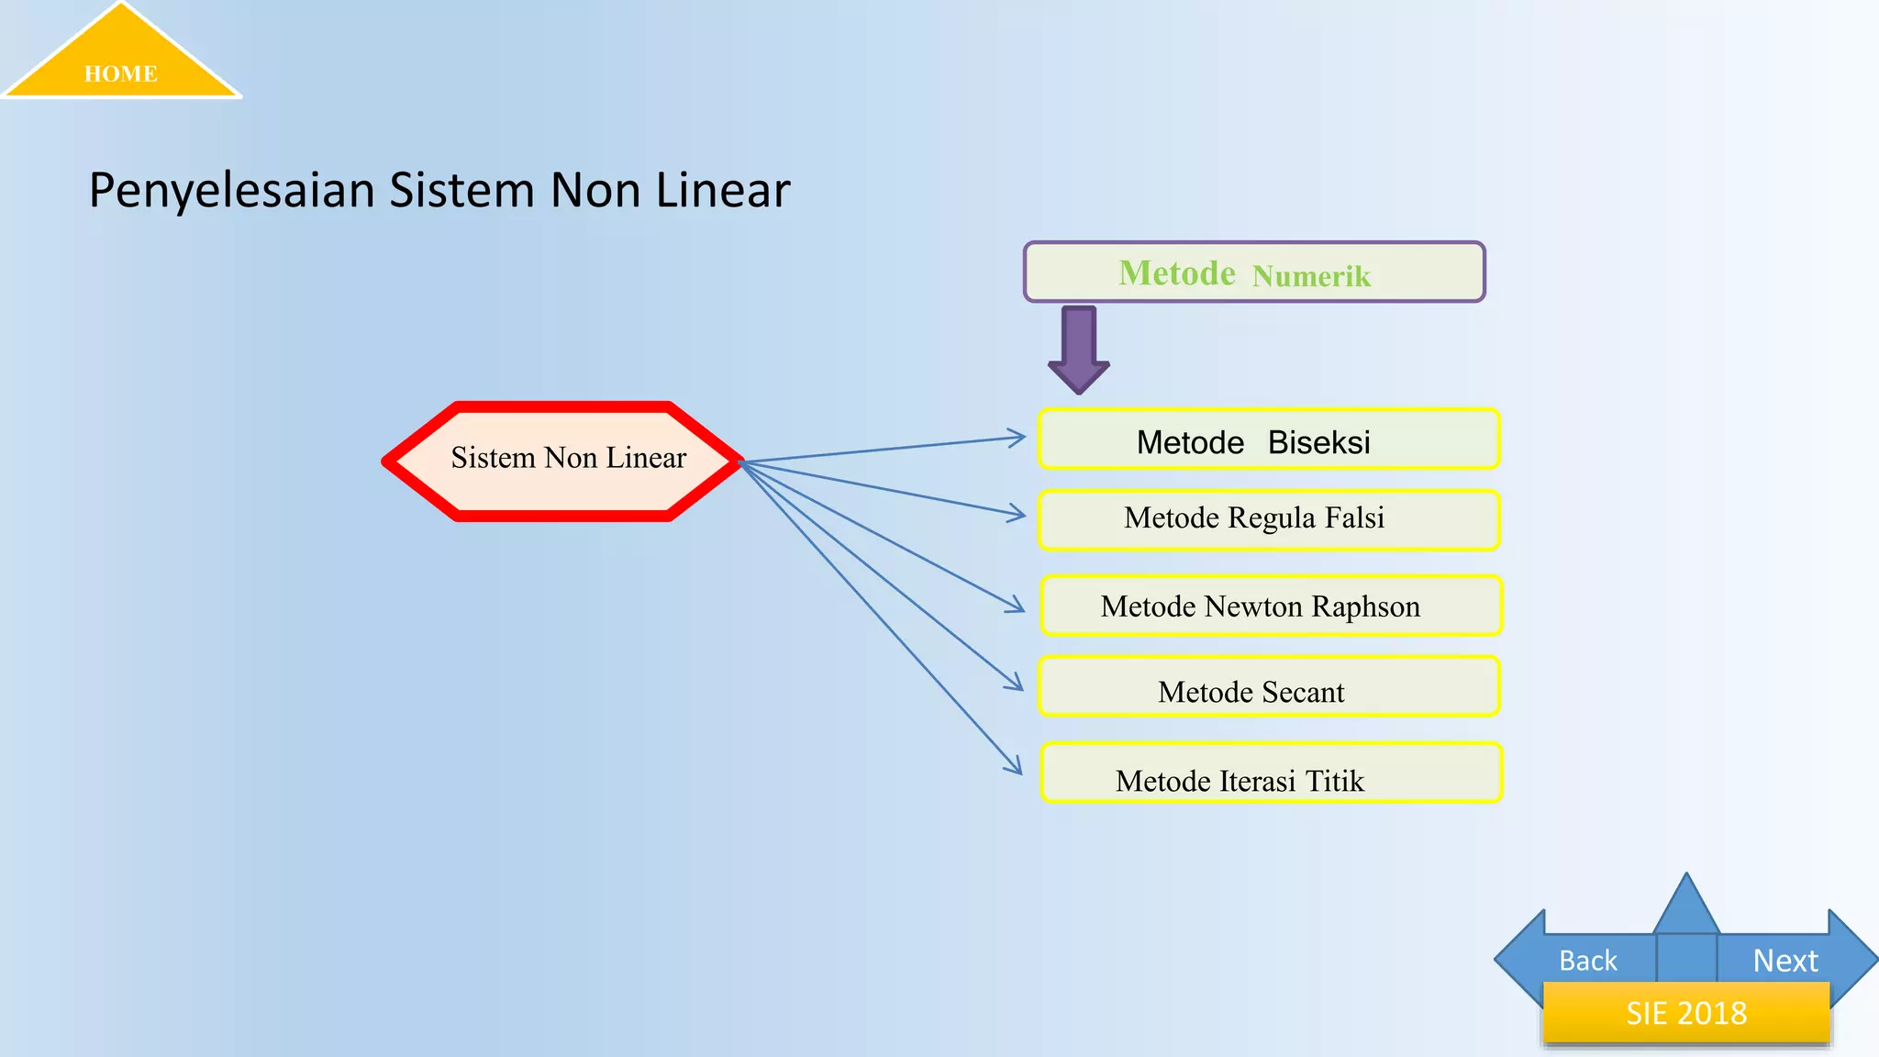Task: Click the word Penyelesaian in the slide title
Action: pyautogui.click(x=231, y=191)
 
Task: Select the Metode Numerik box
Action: pyautogui.click(x=1253, y=273)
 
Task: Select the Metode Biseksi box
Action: pyautogui.click(x=1269, y=439)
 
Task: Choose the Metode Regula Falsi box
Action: pyautogui.click(x=1269, y=520)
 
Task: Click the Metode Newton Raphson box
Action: pyautogui.click(x=1271, y=606)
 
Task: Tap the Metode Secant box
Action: pyautogui.click(x=1269, y=687)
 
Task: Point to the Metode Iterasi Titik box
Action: pyautogui.click(x=1271, y=773)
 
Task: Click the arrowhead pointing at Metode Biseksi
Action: pyautogui.click(x=1017, y=438)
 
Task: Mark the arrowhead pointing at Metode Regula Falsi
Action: pyautogui.click(x=1017, y=514)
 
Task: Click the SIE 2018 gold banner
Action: pyautogui.click(x=1686, y=1013)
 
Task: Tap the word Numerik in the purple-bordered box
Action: pyautogui.click(x=1311, y=276)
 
